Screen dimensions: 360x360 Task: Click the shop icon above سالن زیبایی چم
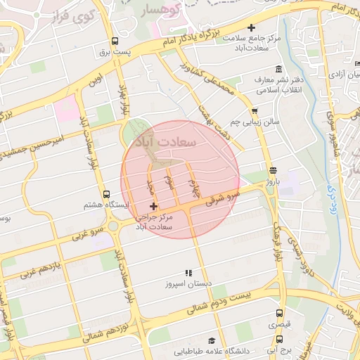point(254,110)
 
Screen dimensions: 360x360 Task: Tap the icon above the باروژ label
point(273,170)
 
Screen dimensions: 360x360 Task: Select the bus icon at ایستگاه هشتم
point(106,194)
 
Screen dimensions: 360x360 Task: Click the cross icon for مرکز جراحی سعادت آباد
point(154,206)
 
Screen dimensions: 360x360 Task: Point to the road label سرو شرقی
point(222,198)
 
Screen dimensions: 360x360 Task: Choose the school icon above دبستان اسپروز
point(188,273)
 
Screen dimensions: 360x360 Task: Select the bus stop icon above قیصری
point(280,314)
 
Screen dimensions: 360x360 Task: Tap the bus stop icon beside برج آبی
point(280,337)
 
